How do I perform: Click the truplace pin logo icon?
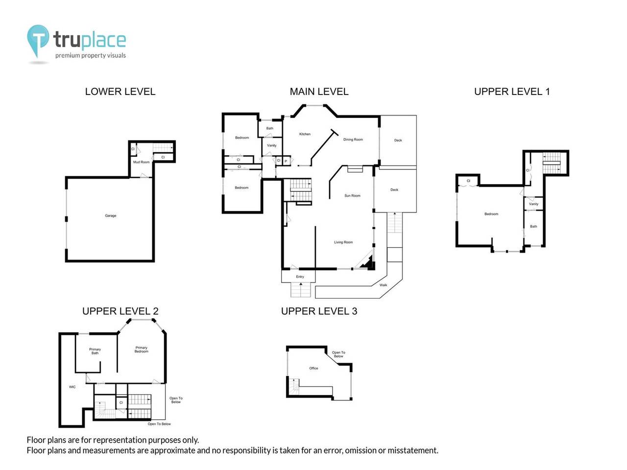pos(38,40)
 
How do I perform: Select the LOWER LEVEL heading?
pos(120,92)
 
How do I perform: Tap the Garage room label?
pos(111,216)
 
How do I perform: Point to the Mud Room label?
pos(141,162)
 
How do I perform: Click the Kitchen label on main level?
pos(305,134)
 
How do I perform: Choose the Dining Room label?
pos(353,140)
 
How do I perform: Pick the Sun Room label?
pos(352,196)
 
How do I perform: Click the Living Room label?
pos(343,242)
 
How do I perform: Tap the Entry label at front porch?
pos(300,277)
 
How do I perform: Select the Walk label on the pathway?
pos(383,285)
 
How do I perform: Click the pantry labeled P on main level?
pos(286,161)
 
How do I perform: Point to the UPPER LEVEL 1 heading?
pos(512,92)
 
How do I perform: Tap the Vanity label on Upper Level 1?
pos(533,204)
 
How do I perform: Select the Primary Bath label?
pos(95,351)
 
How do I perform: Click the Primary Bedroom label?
pos(141,350)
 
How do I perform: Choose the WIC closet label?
pos(72,387)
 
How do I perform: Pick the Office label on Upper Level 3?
pos(313,368)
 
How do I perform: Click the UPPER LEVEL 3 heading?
pos(319,311)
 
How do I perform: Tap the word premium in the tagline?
pos(67,56)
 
